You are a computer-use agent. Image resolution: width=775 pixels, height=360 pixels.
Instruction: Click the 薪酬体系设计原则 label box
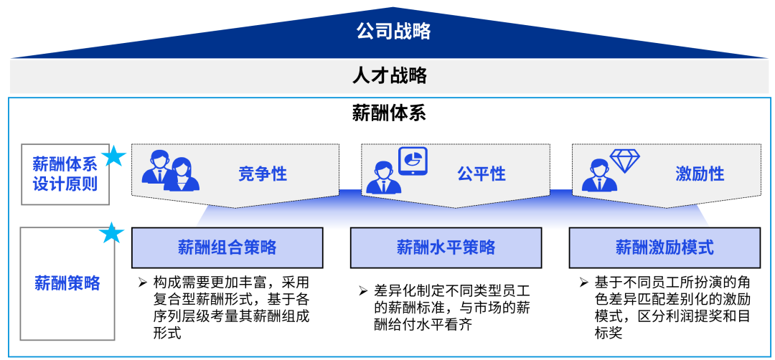65,174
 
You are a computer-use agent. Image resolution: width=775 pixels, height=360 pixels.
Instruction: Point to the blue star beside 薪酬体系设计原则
113,156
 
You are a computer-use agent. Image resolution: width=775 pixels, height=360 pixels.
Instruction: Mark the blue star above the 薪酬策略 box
111,233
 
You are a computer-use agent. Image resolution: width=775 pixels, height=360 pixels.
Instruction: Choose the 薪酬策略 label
67,283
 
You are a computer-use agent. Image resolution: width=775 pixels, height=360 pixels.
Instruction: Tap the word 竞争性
263,174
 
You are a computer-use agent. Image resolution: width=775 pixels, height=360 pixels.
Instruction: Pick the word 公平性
481,174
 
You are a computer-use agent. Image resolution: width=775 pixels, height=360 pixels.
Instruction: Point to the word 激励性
700,174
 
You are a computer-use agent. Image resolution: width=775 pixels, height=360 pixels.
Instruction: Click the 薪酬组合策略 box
227,248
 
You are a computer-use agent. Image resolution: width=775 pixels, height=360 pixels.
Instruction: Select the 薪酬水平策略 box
446,248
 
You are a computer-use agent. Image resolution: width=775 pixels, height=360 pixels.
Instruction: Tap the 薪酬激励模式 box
664,248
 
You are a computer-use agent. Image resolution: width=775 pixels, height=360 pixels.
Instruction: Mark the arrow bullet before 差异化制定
363,290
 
